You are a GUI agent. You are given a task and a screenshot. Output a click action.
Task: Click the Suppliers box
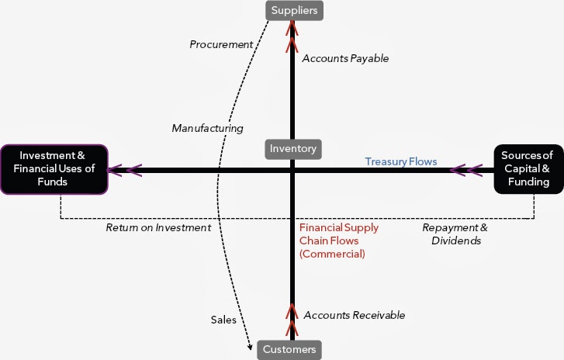click(x=294, y=10)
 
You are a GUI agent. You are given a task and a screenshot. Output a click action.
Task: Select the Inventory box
click(x=293, y=149)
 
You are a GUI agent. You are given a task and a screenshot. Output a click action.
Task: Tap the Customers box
click(x=289, y=350)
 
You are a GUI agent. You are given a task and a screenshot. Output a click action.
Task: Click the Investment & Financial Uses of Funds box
click(x=54, y=169)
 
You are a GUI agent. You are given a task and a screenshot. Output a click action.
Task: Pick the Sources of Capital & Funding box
click(x=528, y=169)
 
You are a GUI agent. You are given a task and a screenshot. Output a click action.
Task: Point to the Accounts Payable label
click(x=345, y=58)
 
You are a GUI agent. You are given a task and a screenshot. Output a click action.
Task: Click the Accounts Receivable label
click(x=355, y=315)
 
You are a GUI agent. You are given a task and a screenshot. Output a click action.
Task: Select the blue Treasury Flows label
click(x=401, y=161)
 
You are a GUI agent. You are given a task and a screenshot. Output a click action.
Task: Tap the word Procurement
click(x=221, y=44)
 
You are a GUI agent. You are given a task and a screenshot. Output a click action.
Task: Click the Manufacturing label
click(x=208, y=128)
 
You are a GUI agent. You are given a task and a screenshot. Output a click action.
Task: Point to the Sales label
click(x=223, y=320)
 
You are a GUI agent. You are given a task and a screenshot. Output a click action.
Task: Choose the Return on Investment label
click(x=158, y=227)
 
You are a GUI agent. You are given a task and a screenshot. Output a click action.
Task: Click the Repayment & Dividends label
click(x=455, y=234)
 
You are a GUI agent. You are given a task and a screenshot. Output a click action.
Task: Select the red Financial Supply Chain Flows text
click(x=339, y=234)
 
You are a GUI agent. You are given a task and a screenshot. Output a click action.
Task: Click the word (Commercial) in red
click(x=332, y=254)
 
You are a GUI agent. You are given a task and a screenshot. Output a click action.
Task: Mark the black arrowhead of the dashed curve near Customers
click(x=250, y=347)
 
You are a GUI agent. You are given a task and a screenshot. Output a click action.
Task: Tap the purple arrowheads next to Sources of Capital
click(x=466, y=170)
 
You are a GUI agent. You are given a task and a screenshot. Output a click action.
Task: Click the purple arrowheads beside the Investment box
click(x=125, y=170)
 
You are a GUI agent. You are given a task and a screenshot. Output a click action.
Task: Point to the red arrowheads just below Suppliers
click(x=292, y=36)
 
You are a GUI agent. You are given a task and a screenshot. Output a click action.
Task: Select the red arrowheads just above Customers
click(x=292, y=320)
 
